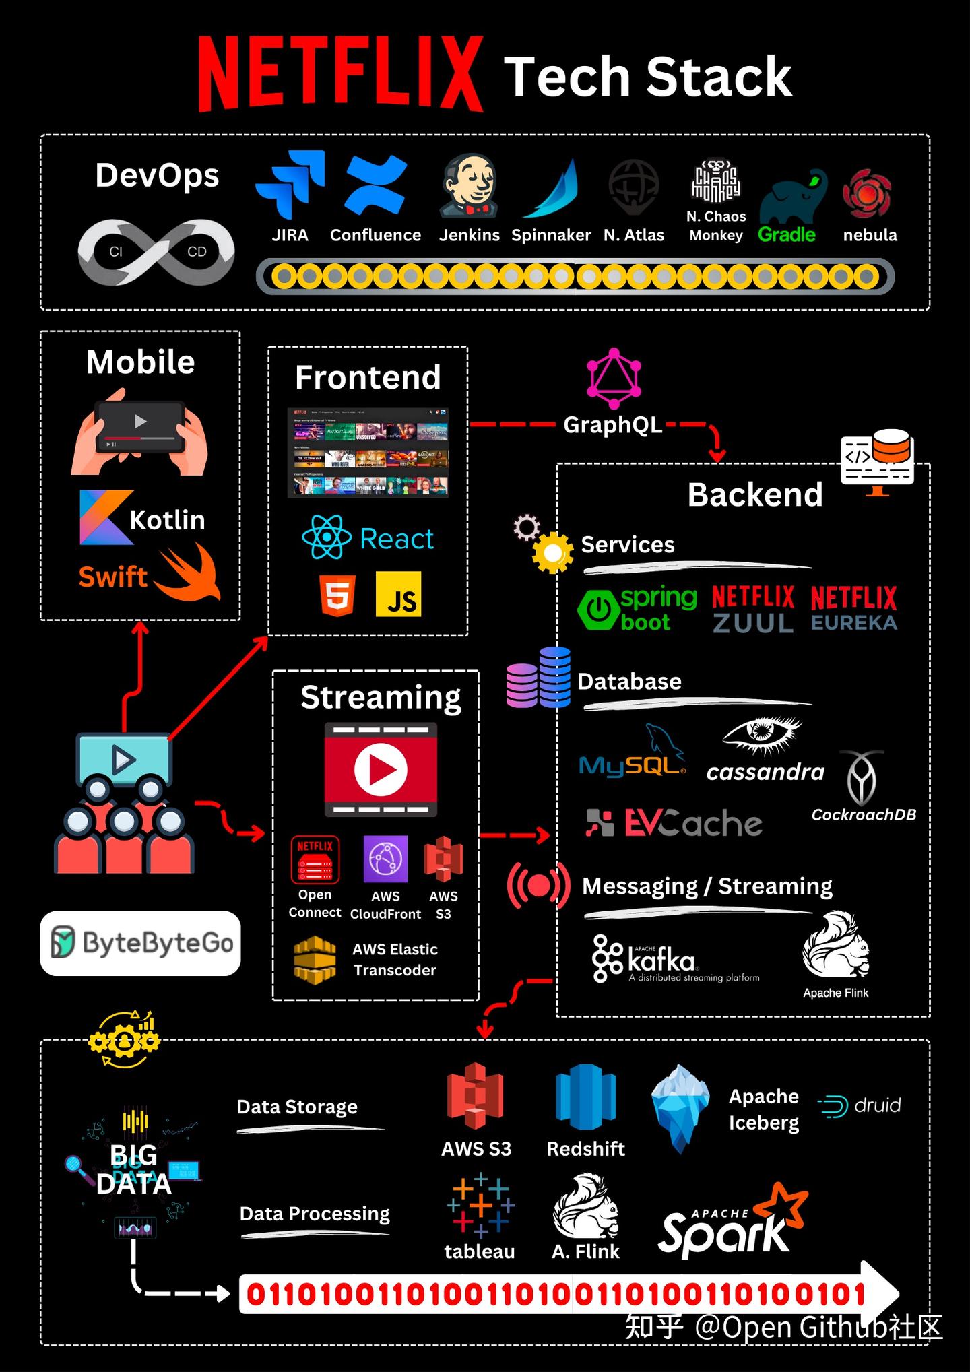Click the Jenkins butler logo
pyautogui.click(x=470, y=185)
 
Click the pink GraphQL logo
pyautogui.click(x=614, y=379)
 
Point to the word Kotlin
pyautogui.click(x=167, y=520)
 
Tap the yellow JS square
pyautogui.click(x=398, y=594)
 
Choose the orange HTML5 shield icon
pyautogui.click(x=337, y=595)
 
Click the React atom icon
pyautogui.click(x=327, y=537)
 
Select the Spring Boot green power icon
pyautogui.click(x=598, y=610)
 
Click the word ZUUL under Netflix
pyautogui.click(x=753, y=623)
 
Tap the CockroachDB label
pyautogui.click(x=864, y=814)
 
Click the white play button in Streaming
pyautogui.click(x=381, y=769)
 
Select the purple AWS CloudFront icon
pyautogui.click(x=385, y=859)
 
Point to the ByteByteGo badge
pyautogui.click(x=141, y=943)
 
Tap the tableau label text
pyautogui.click(x=480, y=1251)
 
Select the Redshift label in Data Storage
pyautogui.click(x=585, y=1148)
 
